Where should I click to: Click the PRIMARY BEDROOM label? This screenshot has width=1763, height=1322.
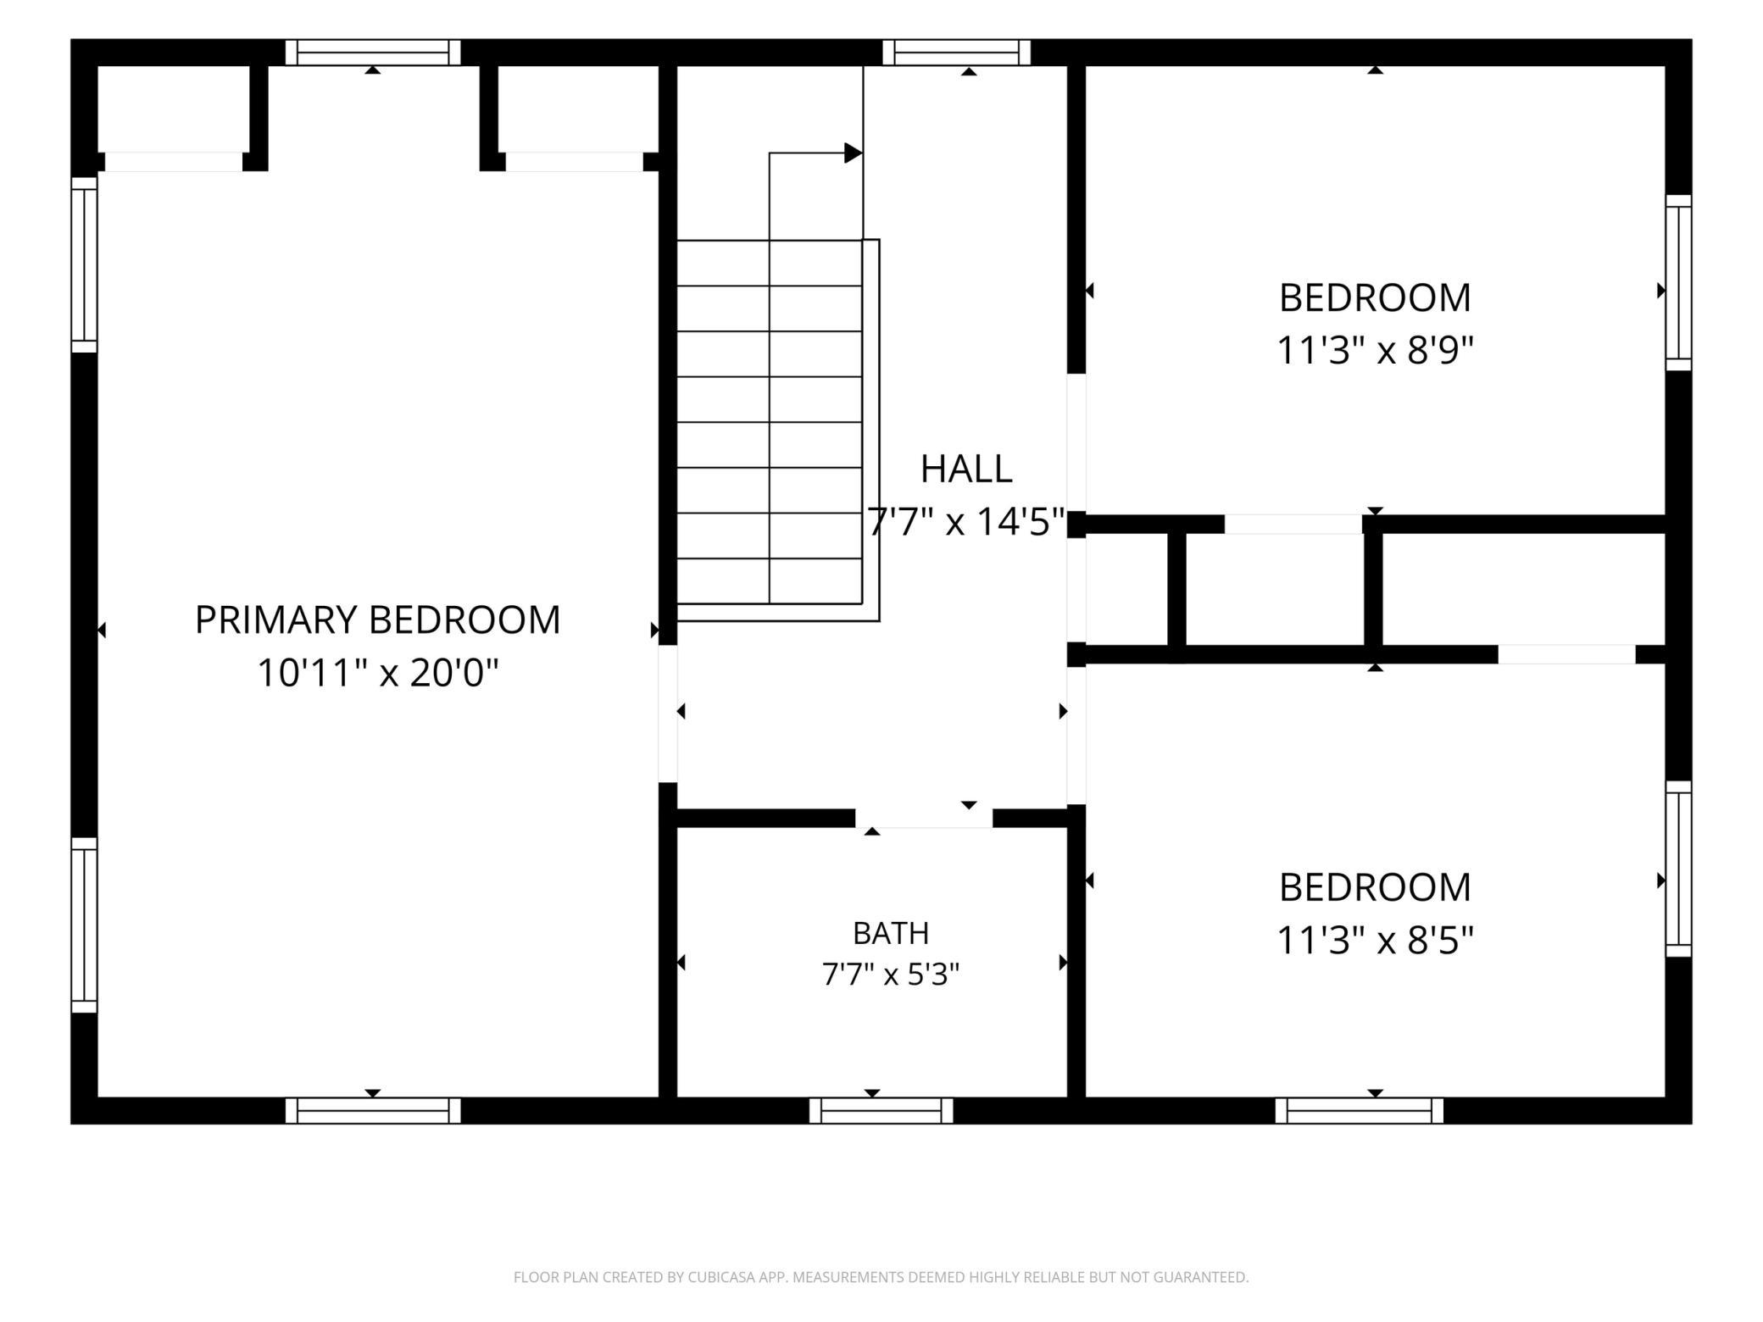coord(377,620)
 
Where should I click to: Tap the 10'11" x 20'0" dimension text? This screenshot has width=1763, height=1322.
coord(377,674)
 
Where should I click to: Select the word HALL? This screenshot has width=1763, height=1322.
coord(966,469)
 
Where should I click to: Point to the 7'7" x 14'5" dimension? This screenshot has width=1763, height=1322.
coord(965,522)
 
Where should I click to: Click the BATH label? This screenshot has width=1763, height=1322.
coord(891,933)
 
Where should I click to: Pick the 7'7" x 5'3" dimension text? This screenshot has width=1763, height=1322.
coord(891,975)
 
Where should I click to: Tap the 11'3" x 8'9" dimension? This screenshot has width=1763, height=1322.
coord(1375,350)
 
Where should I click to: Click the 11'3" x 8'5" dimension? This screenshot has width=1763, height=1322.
coord(1375,940)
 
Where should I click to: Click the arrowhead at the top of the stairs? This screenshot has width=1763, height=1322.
coord(854,153)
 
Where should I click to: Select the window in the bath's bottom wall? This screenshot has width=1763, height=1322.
coord(881,1110)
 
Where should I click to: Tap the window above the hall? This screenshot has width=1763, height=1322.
coord(957,53)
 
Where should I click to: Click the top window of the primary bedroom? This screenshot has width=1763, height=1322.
coord(373,53)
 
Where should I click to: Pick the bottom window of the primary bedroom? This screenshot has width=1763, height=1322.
coord(373,1110)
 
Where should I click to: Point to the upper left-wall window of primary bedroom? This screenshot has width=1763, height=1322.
coord(85,264)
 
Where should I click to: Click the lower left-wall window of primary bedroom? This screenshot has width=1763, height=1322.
coord(85,925)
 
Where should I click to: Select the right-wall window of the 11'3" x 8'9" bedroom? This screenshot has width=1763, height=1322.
coord(1679,283)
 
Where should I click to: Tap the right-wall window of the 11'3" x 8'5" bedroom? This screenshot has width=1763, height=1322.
coord(1679,869)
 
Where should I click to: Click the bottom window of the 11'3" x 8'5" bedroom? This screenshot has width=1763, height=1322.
coord(1360,1110)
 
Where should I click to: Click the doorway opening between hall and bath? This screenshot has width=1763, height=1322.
coord(924,818)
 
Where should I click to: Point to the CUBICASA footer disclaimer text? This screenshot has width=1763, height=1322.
coord(881,1277)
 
